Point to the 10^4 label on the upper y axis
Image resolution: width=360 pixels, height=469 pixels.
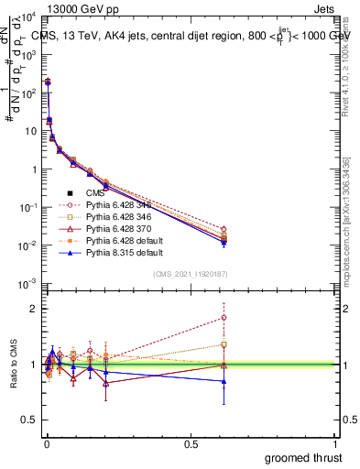(x=27, y=16)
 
